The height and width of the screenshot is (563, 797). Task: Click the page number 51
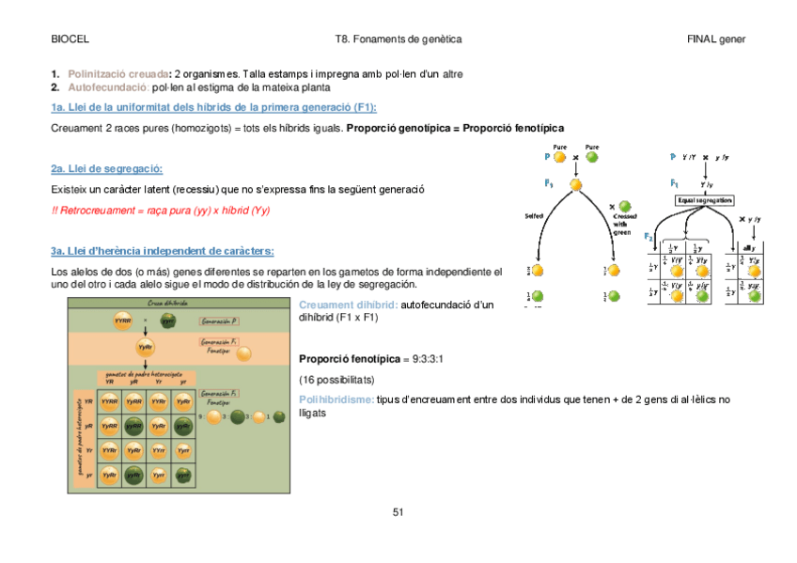(398, 512)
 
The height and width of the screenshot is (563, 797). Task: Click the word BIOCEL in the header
(70, 39)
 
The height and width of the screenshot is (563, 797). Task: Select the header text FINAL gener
(716, 39)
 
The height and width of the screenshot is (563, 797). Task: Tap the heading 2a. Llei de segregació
(106, 169)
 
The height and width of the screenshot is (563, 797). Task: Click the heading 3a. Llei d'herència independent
(162, 251)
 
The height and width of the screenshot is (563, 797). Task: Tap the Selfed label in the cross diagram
(535, 215)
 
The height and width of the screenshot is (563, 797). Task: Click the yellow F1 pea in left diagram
(575, 184)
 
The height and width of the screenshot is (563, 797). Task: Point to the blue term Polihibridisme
(336, 399)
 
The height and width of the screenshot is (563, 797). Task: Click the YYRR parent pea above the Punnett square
(122, 321)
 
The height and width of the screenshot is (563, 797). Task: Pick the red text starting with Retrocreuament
(160, 211)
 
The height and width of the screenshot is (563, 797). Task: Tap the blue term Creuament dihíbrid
(348, 305)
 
